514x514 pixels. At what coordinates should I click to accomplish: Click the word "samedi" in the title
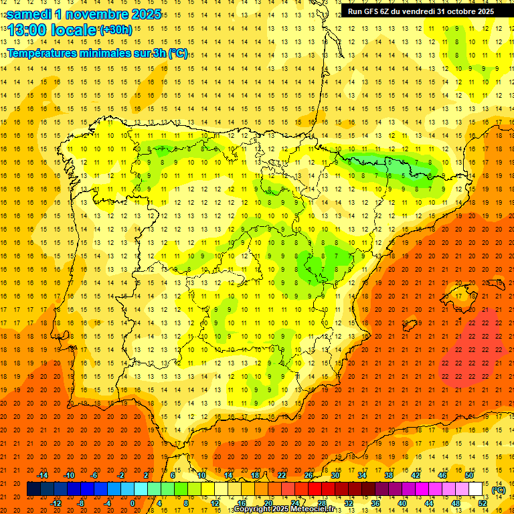click(29, 14)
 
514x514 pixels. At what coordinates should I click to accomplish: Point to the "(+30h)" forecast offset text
click(116, 30)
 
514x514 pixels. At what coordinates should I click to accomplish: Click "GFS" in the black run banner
click(378, 11)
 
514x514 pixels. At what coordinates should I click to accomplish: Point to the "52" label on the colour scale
click(483, 503)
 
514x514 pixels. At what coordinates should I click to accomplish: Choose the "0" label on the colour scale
click(133, 503)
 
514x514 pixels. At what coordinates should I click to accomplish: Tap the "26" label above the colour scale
click(309, 475)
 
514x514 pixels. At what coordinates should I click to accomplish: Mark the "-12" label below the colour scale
click(56, 503)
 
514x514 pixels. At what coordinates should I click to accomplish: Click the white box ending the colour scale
click(476, 489)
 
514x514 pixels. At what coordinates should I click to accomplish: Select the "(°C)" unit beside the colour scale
click(498, 490)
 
